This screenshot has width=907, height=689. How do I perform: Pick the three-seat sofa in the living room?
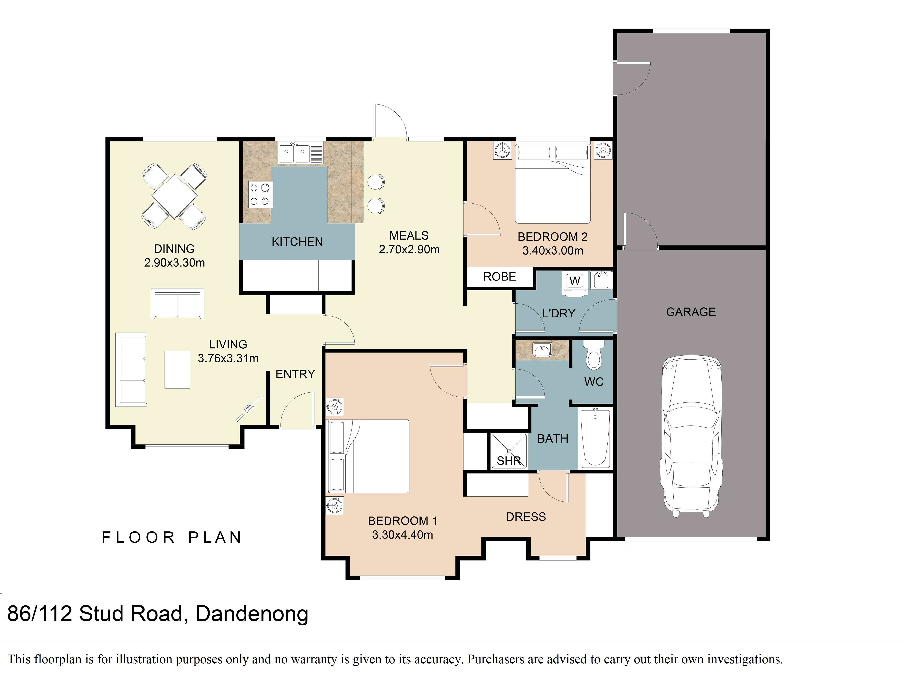point(131,370)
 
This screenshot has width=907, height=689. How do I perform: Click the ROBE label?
point(499,277)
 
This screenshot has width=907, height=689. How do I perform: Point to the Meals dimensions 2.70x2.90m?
point(409,249)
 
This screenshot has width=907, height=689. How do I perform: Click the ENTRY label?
point(295,374)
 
